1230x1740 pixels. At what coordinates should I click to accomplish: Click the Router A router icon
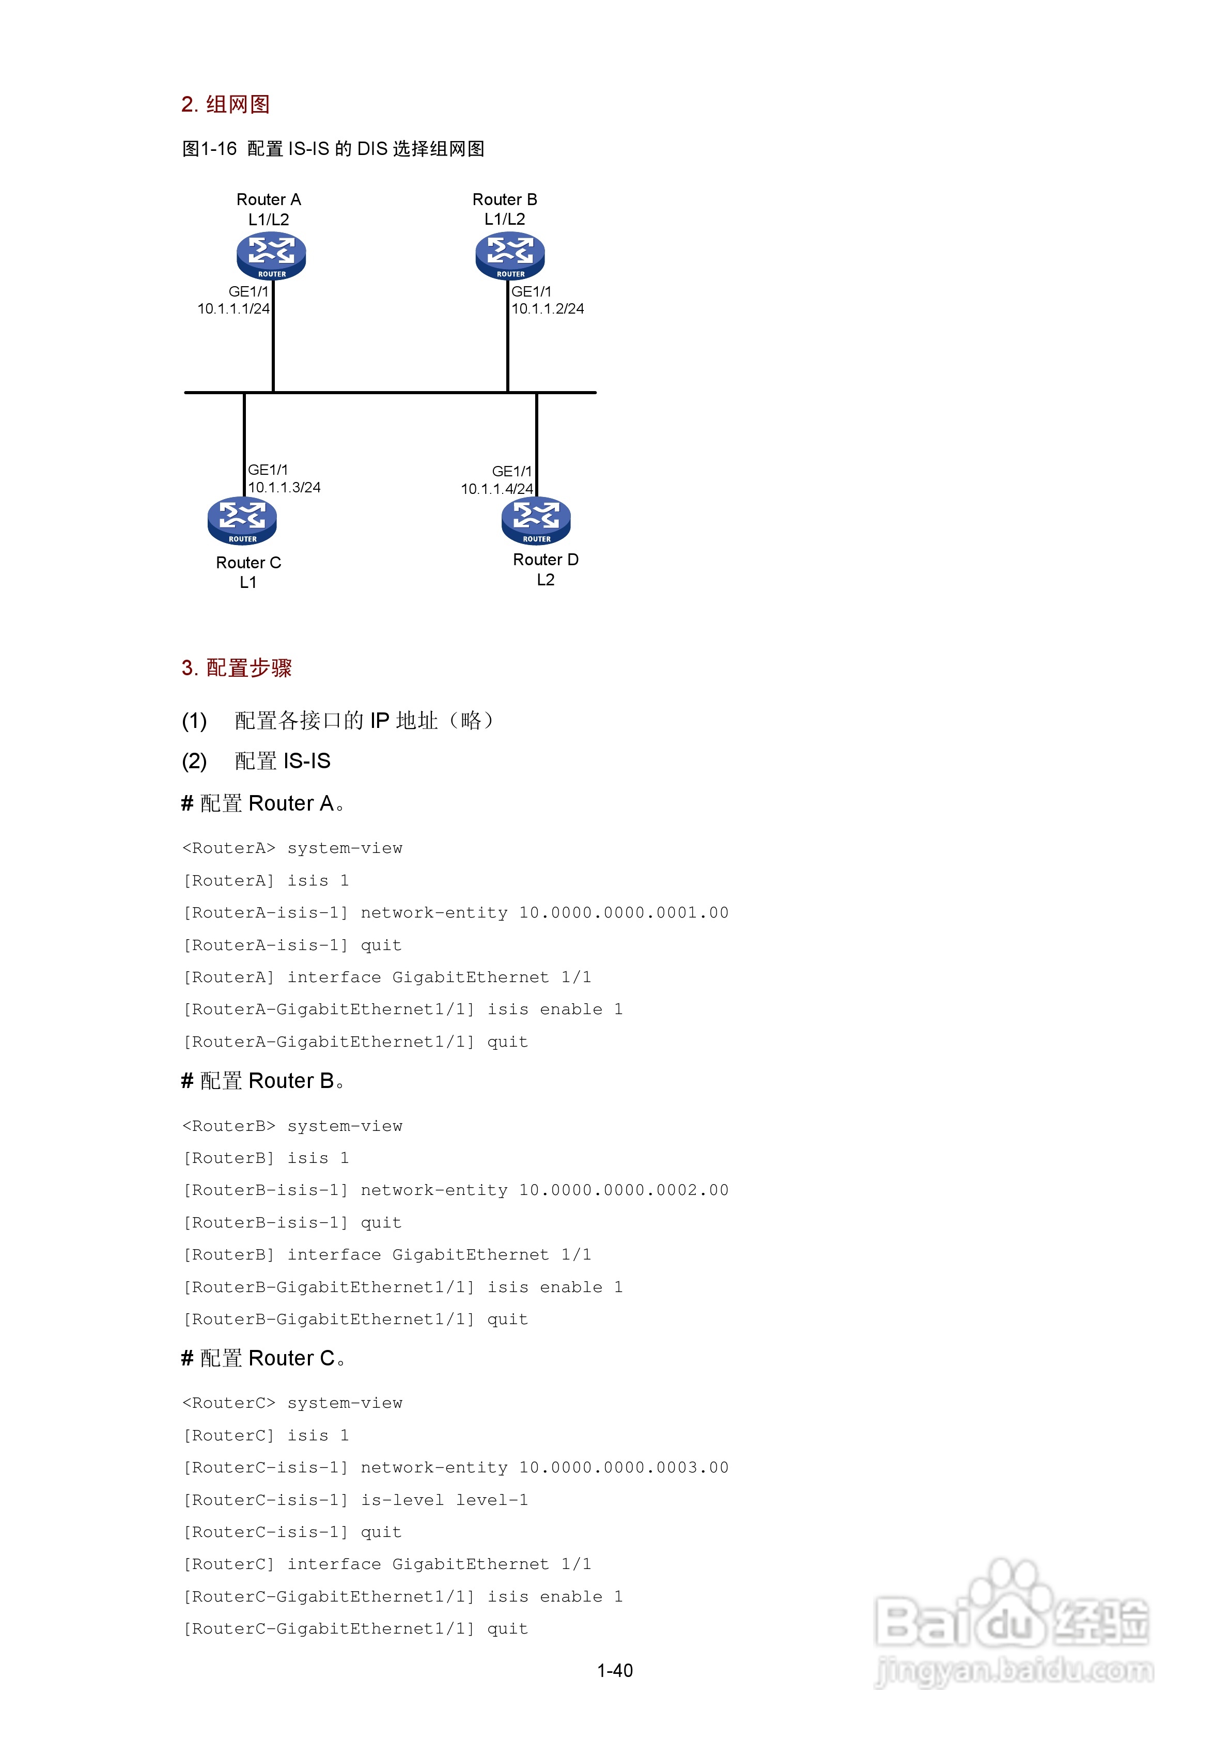pos(271,255)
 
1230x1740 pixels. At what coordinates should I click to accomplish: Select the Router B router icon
pos(510,255)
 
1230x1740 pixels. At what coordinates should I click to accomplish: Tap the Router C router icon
pos(242,521)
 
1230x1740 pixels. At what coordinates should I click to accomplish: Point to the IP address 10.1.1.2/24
pos(547,308)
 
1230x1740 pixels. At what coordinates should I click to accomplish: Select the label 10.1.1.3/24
pos(284,487)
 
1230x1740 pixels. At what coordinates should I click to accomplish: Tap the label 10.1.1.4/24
pos(496,489)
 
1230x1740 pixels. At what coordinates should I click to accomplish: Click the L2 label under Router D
pos(546,580)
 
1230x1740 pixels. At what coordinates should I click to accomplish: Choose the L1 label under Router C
pos(248,583)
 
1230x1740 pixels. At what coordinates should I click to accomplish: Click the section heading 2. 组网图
pos(225,104)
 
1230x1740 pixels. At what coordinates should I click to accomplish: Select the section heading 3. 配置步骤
pos(237,667)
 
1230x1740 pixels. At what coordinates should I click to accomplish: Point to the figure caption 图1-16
pos(210,149)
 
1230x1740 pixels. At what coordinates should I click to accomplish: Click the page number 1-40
pos(615,1670)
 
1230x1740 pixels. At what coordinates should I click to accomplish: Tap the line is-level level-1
pos(444,1500)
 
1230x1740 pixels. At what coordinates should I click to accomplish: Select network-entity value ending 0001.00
pos(623,912)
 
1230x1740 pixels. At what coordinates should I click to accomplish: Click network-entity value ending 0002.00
pos(623,1190)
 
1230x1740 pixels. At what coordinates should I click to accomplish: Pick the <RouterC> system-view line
pos(292,1403)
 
